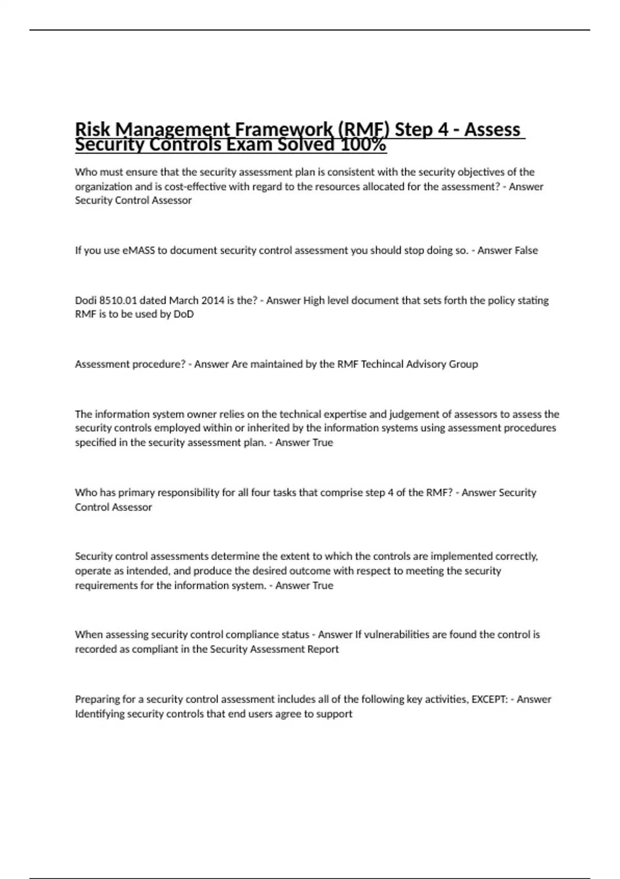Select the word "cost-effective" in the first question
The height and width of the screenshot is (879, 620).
(195, 186)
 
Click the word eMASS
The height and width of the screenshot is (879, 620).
(138, 250)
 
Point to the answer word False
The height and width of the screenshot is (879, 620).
(522, 250)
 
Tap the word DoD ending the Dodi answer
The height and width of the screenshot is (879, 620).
(183, 314)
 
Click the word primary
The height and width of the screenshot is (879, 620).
(136, 493)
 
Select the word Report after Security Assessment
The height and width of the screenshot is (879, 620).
(323, 649)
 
